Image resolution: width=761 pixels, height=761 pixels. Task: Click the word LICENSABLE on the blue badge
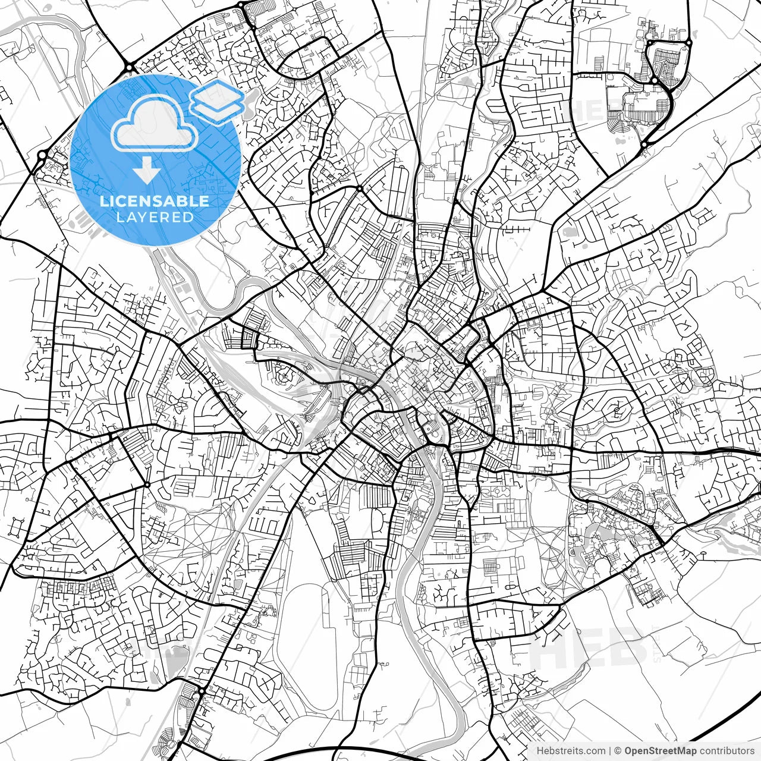point(155,201)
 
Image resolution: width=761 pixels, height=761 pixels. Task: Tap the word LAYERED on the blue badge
point(155,217)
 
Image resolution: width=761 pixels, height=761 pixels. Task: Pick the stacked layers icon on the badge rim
point(217,101)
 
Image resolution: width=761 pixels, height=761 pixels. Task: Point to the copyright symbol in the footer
point(618,751)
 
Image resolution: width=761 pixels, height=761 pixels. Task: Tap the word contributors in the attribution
point(726,751)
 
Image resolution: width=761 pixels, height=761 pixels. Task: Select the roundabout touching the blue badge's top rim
point(129,67)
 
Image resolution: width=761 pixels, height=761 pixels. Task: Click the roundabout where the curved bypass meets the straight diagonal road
point(644,144)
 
